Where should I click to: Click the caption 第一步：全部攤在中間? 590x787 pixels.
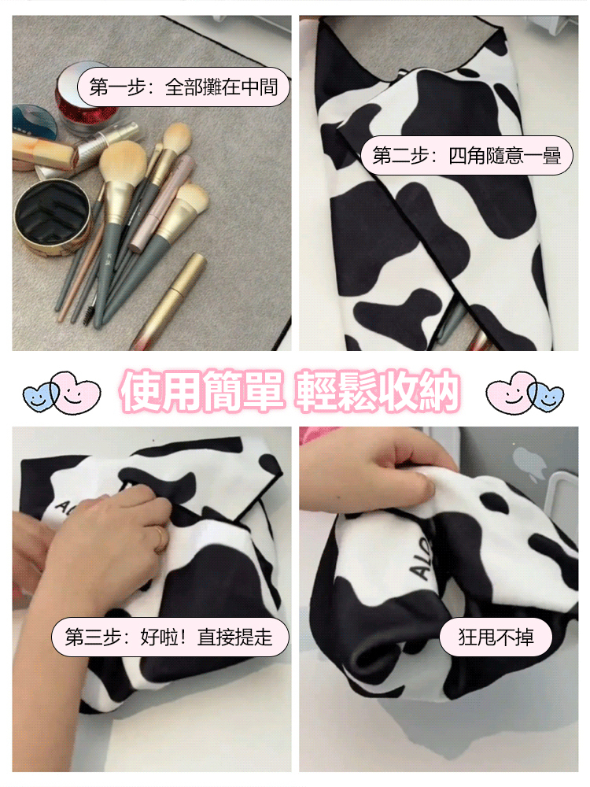(183, 87)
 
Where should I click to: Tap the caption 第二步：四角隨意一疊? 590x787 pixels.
(466, 155)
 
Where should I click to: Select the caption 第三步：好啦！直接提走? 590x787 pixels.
(170, 637)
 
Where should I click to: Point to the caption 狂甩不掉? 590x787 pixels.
(496, 637)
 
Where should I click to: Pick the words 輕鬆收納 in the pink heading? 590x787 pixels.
(377, 390)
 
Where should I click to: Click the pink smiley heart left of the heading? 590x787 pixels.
(76, 391)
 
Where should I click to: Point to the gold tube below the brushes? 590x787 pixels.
(168, 301)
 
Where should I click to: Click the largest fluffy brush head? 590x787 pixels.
(123, 162)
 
